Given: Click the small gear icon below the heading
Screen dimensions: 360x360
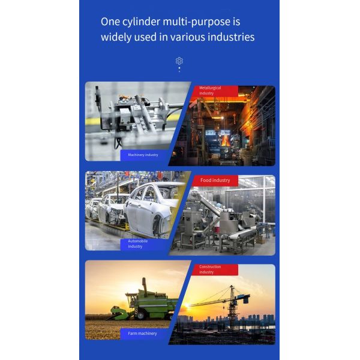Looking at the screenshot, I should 179,61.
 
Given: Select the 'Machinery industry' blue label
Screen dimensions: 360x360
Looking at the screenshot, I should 143,155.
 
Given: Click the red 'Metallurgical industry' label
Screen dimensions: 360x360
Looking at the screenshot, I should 213,91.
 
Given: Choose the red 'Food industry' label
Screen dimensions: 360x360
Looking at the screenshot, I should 215,180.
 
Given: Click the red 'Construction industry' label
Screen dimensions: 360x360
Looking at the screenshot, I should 213,269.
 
